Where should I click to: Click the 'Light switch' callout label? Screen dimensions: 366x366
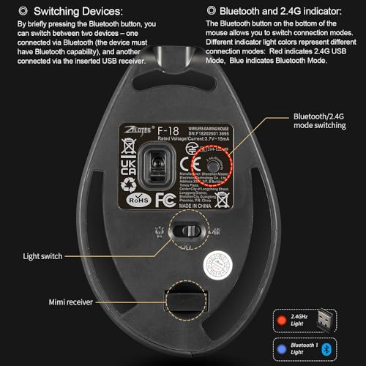coord(42,256)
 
